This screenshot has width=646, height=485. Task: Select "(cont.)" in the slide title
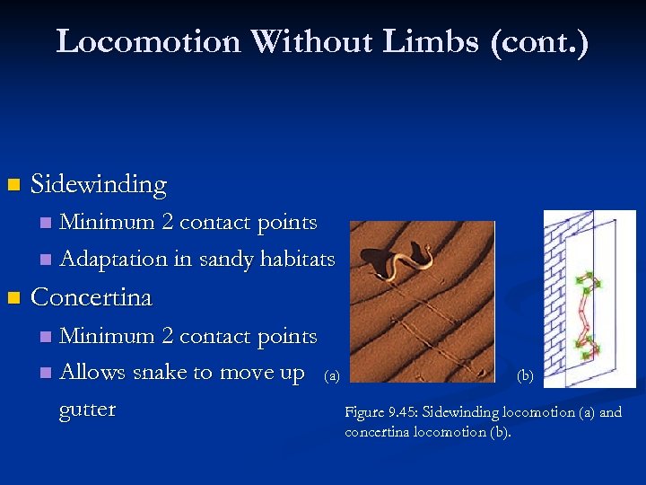click(x=540, y=41)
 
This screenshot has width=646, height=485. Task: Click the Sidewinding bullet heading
click(x=99, y=185)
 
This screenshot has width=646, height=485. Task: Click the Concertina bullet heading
click(x=92, y=297)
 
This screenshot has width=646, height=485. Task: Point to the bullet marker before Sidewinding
click(x=12, y=186)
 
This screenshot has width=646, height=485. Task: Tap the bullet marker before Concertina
click(x=12, y=298)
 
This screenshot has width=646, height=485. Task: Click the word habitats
click(x=297, y=260)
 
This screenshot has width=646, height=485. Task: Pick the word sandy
click(x=227, y=260)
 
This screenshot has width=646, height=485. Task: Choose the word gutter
click(x=87, y=410)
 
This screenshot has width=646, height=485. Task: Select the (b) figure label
click(x=526, y=376)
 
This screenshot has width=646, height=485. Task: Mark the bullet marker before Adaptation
click(x=46, y=260)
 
